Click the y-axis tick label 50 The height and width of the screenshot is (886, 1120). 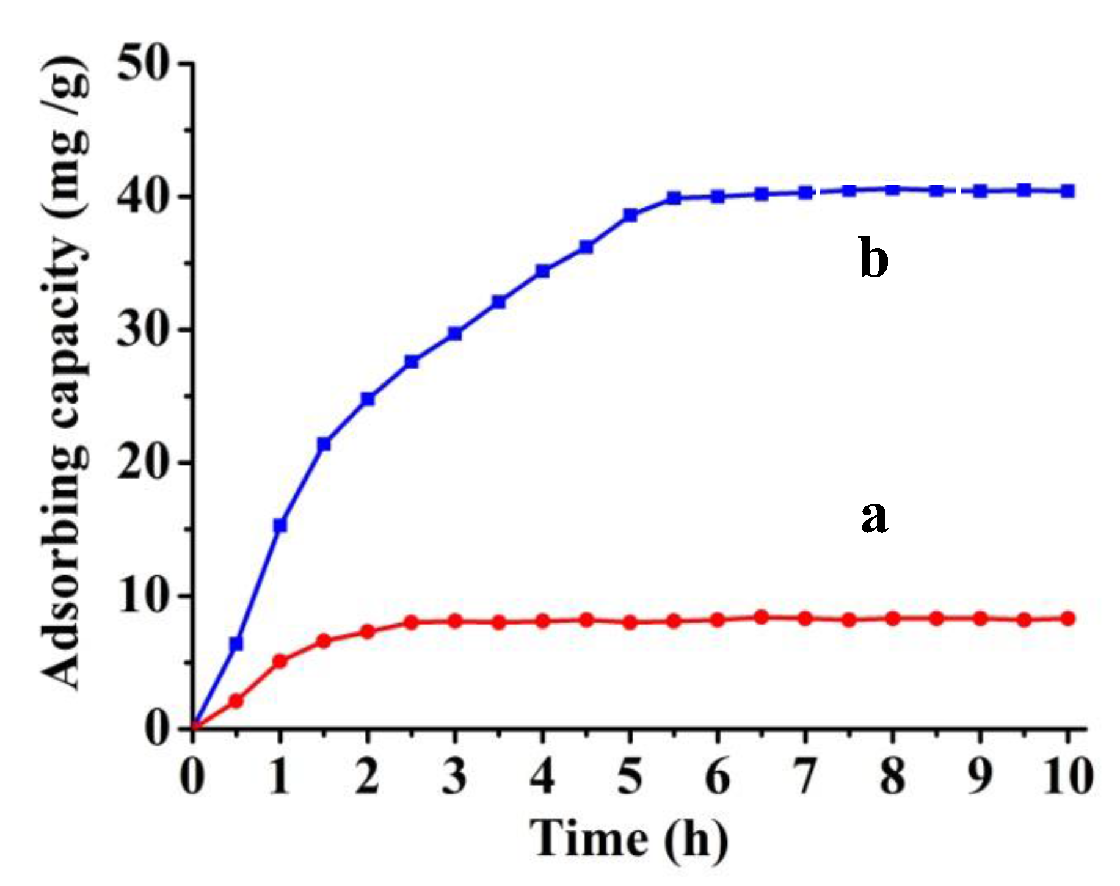pos(143,64)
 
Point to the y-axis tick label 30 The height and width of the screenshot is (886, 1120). pos(143,330)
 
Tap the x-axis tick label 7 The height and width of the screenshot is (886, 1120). pos(805,777)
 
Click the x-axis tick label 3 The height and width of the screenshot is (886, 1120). pos(455,777)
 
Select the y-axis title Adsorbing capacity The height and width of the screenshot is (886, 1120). pos(66,372)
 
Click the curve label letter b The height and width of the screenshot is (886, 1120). pos(873,258)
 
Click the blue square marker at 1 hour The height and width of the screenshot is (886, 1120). pos(280,525)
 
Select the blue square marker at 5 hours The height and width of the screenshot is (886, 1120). pos(630,215)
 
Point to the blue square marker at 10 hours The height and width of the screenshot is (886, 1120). pos(1067,191)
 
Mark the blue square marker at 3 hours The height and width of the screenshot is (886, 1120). pos(455,333)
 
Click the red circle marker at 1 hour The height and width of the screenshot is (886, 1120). pos(280,661)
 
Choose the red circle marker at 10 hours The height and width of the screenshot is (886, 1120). pos(1067,619)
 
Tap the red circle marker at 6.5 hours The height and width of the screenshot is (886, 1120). pos(762,617)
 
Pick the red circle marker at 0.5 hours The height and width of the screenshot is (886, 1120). pos(236,701)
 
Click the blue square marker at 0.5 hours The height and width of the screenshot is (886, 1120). pos(236,644)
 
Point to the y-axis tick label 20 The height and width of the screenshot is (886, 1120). pos(143,463)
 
